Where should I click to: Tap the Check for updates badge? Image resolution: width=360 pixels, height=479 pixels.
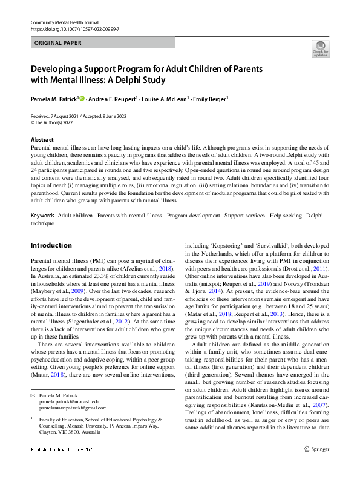point(320,49)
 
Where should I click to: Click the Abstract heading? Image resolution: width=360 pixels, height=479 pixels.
point(42,139)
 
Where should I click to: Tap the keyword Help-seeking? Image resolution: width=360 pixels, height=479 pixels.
point(285,216)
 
